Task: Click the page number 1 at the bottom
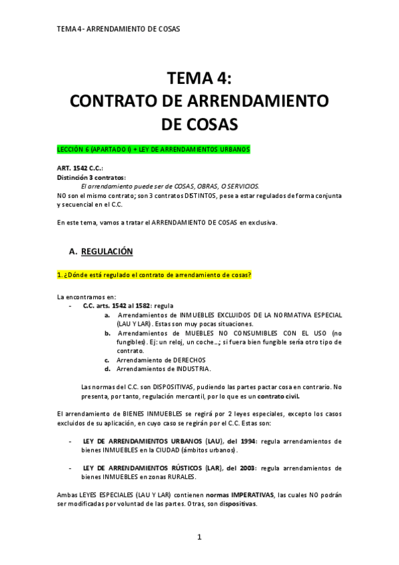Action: [199, 537]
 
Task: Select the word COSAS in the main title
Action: [199, 125]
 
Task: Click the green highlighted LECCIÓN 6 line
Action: [154, 150]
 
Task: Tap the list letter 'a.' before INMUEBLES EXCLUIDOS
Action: [107, 314]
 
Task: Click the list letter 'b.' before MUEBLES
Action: [107, 332]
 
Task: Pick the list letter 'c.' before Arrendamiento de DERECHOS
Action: [107, 360]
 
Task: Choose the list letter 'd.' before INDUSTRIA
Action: [107, 368]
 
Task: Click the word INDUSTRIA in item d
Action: [193, 368]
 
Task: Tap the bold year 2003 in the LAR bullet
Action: [246, 468]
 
